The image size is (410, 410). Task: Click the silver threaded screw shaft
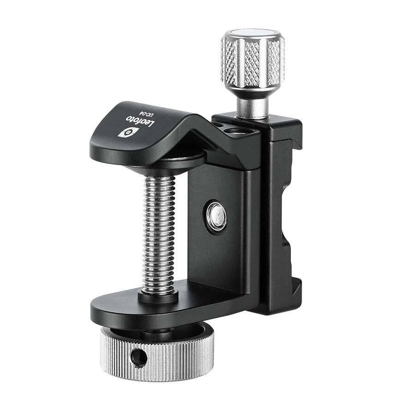159,233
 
